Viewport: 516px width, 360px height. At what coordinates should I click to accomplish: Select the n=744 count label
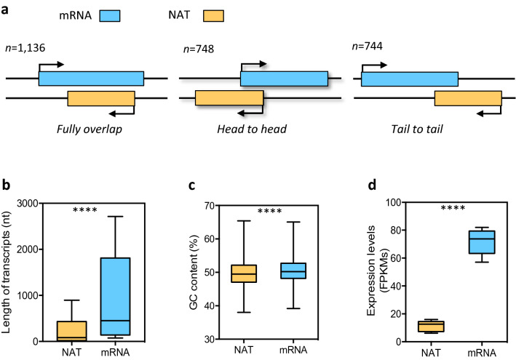[366, 47]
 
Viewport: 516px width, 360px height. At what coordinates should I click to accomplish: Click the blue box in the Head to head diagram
[284, 79]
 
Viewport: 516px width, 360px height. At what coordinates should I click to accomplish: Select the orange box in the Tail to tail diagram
[467, 98]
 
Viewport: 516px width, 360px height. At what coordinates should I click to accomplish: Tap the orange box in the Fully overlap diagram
[101, 98]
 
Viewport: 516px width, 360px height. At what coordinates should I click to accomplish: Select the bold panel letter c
[190, 185]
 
